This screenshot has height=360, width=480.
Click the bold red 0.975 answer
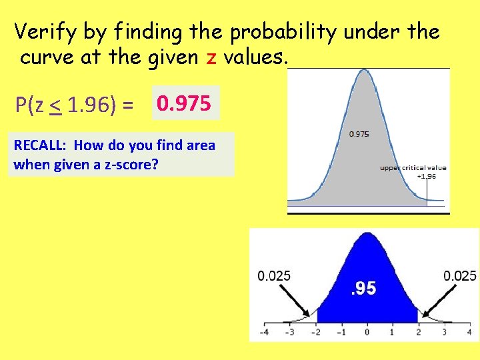(184, 104)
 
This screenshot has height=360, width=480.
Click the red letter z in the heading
(211, 58)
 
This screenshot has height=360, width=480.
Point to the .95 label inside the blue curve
(363, 288)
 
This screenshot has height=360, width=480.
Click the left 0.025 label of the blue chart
(274, 276)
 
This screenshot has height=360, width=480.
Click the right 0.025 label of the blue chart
(460, 276)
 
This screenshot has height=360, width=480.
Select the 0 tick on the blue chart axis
(367, 331)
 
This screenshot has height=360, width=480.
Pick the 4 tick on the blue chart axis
(469, 331)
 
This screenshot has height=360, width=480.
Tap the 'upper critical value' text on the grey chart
(413, 168)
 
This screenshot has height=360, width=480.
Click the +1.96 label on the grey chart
(427, 176)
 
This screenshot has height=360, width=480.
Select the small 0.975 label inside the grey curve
(359, 134)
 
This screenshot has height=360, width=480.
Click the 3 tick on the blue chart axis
(443, 331)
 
